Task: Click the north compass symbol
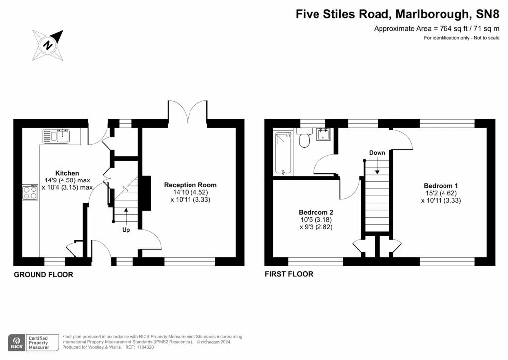coord(47,45)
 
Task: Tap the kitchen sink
coord(56,136)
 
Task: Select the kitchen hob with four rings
coord(30,192)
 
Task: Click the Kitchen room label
coord(67,173)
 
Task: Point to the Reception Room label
coord(190,185)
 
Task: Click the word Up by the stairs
coord(126,230)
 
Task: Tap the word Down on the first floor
coord(377,153)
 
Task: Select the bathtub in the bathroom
coord(283,153)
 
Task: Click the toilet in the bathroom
coord(304,138)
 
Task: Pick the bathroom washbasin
coord(323,134)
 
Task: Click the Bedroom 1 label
coord(441,186)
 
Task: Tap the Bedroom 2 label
coord(316,212)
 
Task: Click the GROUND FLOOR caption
coord(44,275)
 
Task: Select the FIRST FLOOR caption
coord(289,274)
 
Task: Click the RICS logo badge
coord(16,343)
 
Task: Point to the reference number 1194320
coord(146,347)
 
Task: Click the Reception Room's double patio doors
coord(188,111)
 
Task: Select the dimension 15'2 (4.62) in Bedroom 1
coord(441,193)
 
